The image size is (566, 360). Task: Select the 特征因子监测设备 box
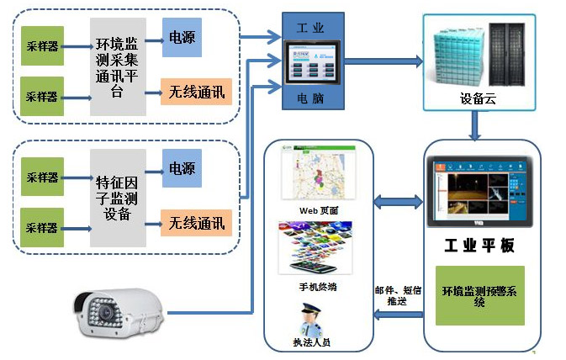coord(118,198)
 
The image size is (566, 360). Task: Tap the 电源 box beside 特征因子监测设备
coord(182,167)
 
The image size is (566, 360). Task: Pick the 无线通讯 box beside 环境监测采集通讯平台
coord(196,91)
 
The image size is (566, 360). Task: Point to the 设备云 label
coord(477,98)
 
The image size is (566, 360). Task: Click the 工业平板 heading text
coord(479,246)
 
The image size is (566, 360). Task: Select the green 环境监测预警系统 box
coord(479,295)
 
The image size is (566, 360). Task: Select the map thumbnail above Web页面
coord(319,173)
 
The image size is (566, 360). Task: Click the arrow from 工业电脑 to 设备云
coord(384,61)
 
